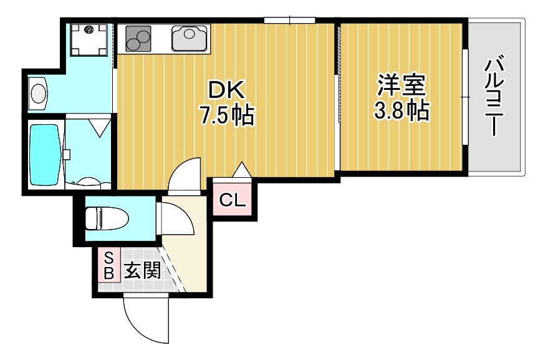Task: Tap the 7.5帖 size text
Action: pyautogui.click(x=226, y=115)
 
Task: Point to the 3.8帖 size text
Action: pyautogui.click(x=401, y=110)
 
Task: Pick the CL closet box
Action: pyautogui.click(x=233, y=200)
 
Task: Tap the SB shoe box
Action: pyautogui.click(x=108, y=265)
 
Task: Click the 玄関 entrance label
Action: pyautogui.click(x=142, y=271)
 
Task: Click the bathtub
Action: pyautogui.click(x=44, y=154)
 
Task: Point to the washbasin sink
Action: pyautogui.click(x=39, y=94)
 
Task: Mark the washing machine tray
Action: pyautogui.click(x=89, y=39)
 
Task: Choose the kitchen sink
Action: pyautogui.click(x=190, y=39)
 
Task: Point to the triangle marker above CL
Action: pyautogui.click(x=241, y=169)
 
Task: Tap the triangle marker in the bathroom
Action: pyautogui.click(x=99, y=127)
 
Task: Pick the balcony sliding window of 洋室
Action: pyautogui.click(x=464, y=97)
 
